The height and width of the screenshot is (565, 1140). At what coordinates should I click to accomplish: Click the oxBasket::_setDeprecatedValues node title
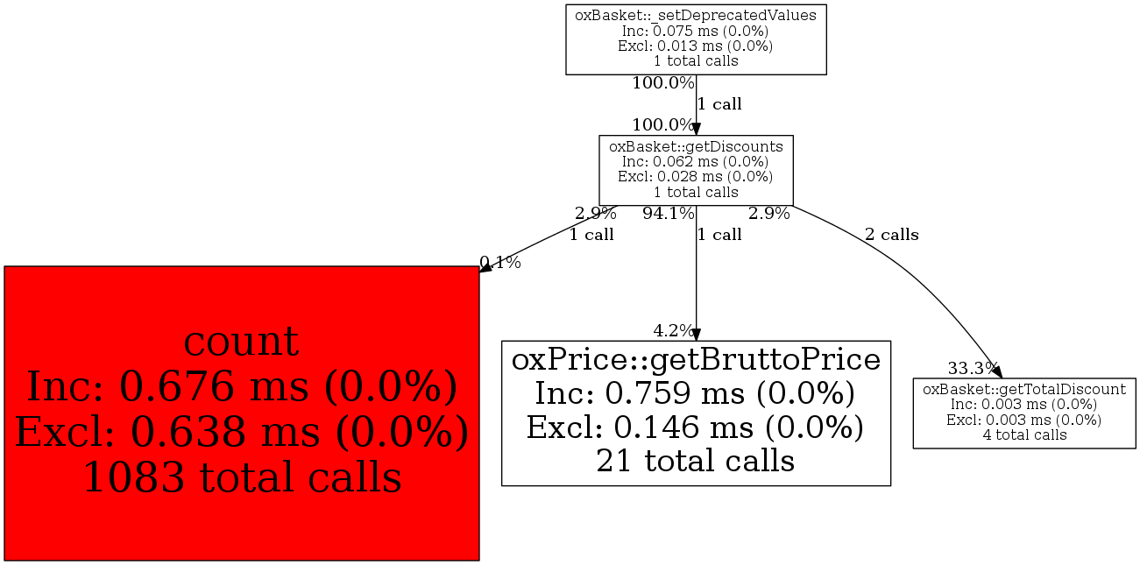696,15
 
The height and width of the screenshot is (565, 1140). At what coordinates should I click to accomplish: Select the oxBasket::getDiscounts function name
696,146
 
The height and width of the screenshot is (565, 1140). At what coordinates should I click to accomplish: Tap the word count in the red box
241,342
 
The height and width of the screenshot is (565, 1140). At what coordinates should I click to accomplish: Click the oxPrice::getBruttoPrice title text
696,359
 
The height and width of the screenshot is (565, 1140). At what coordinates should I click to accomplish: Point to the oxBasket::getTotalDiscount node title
1024,389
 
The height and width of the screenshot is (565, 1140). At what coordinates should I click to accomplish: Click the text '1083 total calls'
242,477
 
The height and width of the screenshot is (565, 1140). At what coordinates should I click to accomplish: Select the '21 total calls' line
696,461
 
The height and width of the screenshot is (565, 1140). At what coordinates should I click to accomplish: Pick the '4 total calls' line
1024,434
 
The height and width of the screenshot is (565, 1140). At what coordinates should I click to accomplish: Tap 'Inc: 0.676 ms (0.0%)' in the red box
242,386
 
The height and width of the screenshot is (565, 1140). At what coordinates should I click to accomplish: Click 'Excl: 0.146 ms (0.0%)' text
695,427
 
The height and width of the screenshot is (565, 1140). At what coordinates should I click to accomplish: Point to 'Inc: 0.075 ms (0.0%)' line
695,31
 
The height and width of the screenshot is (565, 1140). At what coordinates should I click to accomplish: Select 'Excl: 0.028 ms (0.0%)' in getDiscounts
695,176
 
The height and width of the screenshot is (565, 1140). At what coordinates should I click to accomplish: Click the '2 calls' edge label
892,235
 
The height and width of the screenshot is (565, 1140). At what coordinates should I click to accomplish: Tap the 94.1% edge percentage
669,214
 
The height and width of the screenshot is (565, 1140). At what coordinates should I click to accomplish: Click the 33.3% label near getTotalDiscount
972,367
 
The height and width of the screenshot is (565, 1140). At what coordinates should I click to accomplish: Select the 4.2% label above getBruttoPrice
673,331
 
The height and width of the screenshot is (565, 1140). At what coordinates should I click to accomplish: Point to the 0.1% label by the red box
500,263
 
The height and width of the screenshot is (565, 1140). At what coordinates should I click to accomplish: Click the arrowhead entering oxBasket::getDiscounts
696,129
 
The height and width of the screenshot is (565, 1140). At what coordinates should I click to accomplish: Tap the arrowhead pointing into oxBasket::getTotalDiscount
997,371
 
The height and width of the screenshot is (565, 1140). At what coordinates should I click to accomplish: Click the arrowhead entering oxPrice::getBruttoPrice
696,335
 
